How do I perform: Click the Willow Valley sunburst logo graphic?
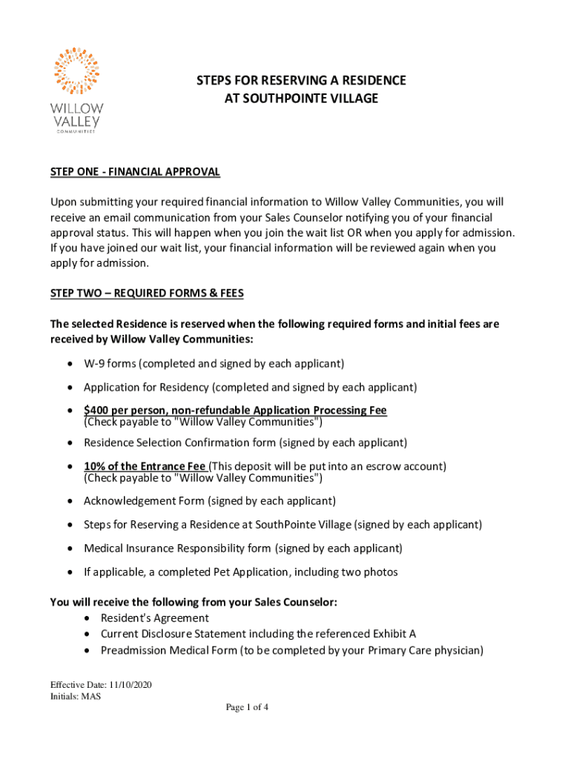[77, 72]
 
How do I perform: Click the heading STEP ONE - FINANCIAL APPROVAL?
[135, 172]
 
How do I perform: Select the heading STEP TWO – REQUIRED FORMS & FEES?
[147, 294]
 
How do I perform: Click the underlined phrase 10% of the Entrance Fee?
[145, 466]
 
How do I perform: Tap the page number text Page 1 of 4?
[248, 707]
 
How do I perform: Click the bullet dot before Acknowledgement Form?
[69, 501]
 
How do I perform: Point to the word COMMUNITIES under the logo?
[77, 132]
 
